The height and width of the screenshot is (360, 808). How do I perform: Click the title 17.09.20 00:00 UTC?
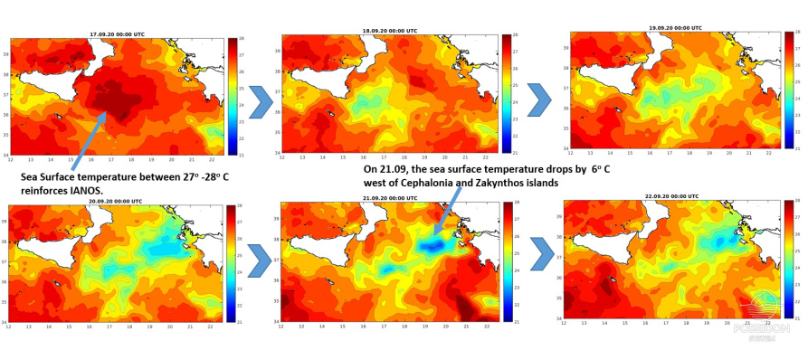117,34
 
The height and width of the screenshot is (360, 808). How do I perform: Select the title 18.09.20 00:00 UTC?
390,30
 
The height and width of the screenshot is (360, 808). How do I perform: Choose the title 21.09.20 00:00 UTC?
390,197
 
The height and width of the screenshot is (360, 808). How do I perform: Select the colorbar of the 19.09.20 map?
788,90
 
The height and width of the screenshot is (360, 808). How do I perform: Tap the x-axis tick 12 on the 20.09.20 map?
10,327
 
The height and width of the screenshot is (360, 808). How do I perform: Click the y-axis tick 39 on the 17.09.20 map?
5,54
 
